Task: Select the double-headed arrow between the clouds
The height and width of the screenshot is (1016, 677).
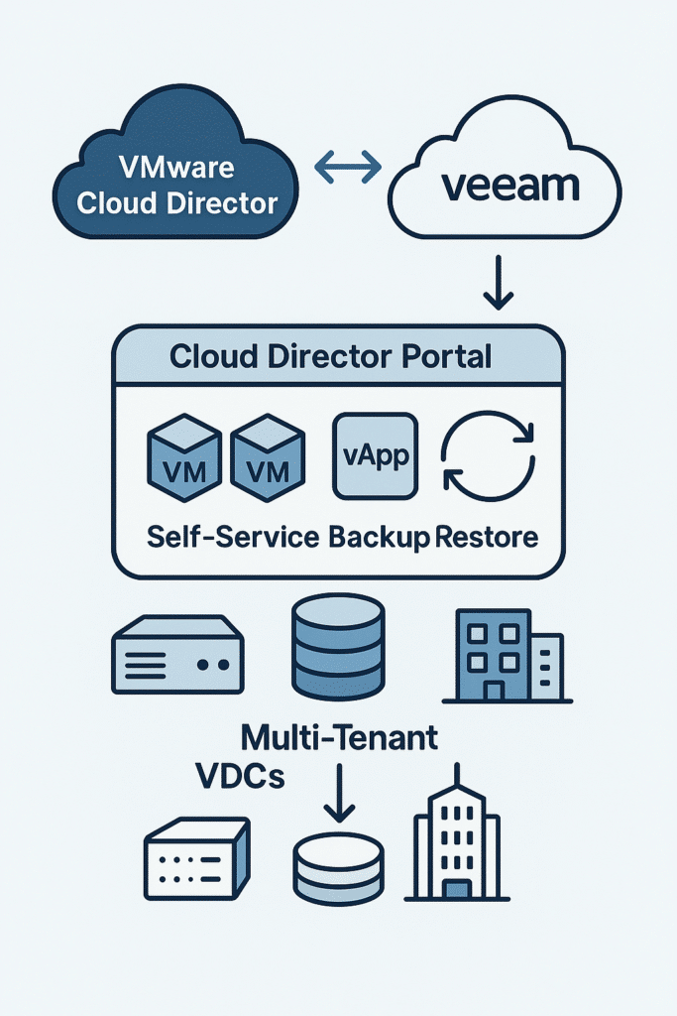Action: coord(348,167)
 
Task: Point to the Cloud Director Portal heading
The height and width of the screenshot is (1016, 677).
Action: coord(330,356)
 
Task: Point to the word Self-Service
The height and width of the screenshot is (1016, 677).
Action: coord(233,538)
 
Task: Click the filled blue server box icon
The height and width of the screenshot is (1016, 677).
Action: coord(176,654)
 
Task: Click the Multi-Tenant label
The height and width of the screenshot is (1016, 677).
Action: coord(339,738)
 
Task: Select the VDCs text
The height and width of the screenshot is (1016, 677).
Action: coord(242,777)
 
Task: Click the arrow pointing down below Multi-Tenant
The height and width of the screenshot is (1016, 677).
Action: coord(339,793)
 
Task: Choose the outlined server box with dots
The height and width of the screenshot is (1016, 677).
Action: coord(196,857)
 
